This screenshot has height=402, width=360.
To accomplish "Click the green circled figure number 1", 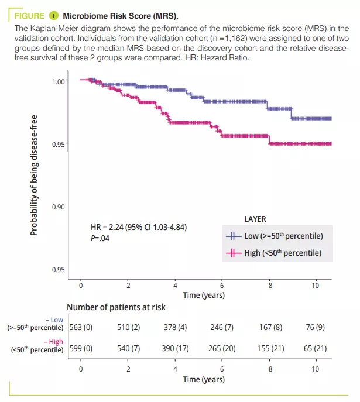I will point(54,16).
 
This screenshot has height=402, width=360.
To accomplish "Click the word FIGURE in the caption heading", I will point(29,16).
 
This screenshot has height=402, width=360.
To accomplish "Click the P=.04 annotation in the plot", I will point(100,239).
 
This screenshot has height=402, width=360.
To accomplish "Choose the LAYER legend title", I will point(255,219).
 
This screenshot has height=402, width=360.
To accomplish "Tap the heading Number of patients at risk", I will point(116,307).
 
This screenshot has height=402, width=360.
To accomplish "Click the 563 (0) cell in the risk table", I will point(81,328).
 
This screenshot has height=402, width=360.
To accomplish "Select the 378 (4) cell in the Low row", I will point(174,328).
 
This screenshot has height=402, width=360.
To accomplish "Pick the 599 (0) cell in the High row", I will point(81,348).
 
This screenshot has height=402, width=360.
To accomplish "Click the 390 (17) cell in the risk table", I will point(174,348).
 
